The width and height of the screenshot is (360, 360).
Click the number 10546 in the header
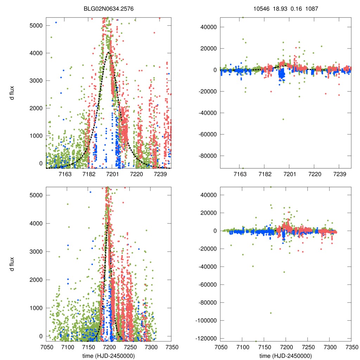coord(261,8)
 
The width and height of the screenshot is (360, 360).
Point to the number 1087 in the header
coord(311,8)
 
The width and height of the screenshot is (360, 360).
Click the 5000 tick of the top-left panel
coord(36,26)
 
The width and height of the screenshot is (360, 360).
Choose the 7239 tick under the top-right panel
coord(339,174)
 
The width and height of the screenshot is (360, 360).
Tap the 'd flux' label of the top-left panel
coord(12,94)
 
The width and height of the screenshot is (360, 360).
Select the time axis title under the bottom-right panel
coord(285,355)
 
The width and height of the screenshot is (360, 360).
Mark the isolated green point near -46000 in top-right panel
coord(283,119)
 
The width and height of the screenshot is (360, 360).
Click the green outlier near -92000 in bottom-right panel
coord(271,313)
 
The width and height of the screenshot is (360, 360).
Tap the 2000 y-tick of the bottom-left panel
coord(36,280)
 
